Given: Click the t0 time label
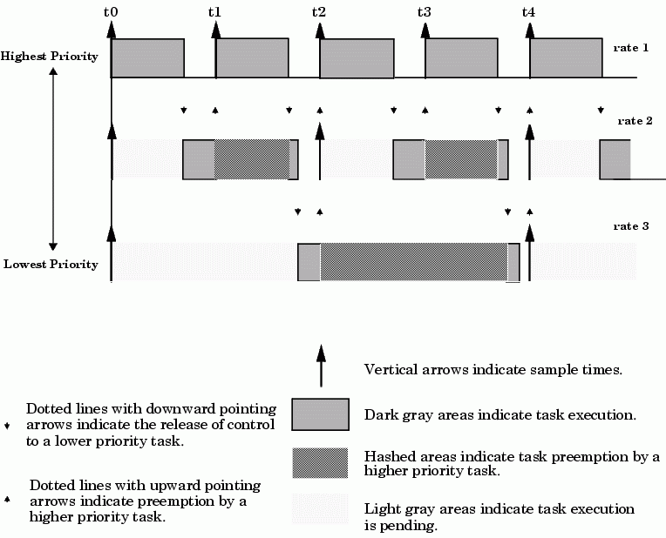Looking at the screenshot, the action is [111, 12].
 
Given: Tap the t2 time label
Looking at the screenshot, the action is [318, 12].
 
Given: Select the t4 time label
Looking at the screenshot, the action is [528, 12].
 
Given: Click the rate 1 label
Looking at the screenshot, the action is [631, 48].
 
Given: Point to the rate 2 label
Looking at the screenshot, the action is [635, 121].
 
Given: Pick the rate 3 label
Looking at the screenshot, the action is [631, 225].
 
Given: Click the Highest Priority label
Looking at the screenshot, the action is [50, 56].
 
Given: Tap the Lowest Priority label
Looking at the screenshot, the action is [51, 264].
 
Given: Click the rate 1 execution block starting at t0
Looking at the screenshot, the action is [148, 58].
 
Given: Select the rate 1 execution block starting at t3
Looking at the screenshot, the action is [462, 58].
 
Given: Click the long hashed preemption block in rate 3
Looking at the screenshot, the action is [414, 262].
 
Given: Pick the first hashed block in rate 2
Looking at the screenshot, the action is [252, 159].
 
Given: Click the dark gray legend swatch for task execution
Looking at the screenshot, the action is [320, 414].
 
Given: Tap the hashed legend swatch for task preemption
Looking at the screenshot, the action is [320, 463].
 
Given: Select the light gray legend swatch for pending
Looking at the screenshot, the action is [320, 508].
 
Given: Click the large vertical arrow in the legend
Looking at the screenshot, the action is [321, 366].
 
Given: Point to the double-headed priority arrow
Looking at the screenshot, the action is [53, 159].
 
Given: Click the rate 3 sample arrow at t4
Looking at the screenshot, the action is [529, 252].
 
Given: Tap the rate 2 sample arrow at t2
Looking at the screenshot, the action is [320, 151].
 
